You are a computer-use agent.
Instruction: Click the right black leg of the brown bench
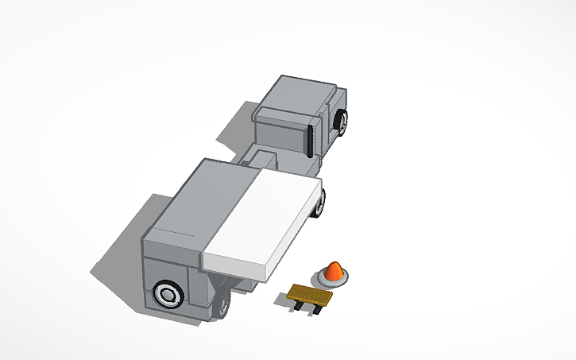tap(319, 309)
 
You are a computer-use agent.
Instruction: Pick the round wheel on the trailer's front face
tap(168, 295)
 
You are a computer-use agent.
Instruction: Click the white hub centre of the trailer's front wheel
tap(168, 295)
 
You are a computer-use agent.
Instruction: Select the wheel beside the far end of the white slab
tap(320, 203)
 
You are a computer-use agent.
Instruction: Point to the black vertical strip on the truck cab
tap(309, 140)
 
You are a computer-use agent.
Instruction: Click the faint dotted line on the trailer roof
tap(175, 231)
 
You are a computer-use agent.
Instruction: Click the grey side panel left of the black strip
tap(280, 136)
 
